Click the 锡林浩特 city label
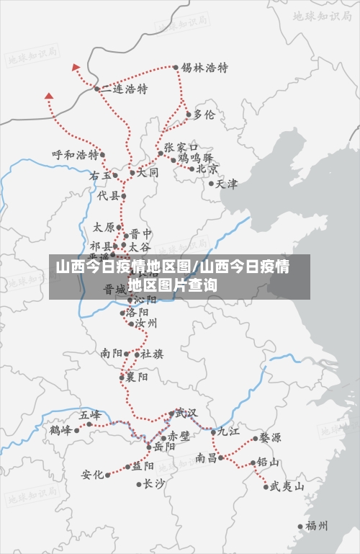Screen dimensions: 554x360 (204, 68)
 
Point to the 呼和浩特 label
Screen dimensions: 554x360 (75, 155)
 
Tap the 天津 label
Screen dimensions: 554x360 (226, 184)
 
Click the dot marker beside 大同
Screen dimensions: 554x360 (132, 173)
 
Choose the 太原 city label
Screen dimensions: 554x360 (104, 227)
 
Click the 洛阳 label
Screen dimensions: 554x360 (137, 313)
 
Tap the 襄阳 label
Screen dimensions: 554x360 (137, 377)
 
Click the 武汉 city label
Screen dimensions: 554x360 (186, 413)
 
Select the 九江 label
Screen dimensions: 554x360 (228, 432)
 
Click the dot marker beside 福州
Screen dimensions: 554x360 (301, 527)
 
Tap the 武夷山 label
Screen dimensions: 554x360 (287, 486)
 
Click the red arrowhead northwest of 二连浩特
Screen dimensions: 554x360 (76, 67)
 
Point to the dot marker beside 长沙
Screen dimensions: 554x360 (139, 484)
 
